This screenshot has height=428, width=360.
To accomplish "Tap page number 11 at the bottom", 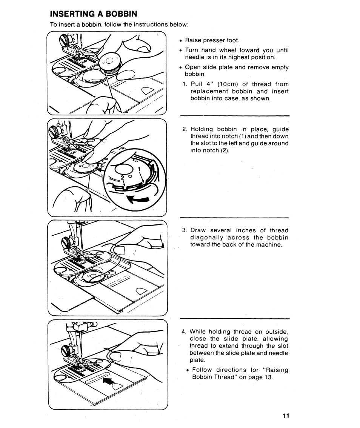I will coord(285,416).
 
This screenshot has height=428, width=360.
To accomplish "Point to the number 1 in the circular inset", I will coord(139,169).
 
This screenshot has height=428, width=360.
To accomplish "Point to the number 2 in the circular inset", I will coord(122,177).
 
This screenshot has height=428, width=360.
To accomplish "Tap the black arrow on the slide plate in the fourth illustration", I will coord(108,381).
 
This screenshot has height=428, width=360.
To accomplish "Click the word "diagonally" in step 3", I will coord(209,238).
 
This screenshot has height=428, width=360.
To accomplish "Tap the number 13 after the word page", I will coord(268,377).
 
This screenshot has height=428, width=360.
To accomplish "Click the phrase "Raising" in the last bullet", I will coord(276,370).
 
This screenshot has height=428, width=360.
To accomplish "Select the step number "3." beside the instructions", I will coord(185,230).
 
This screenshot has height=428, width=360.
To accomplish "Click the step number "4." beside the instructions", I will coord(184,332).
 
